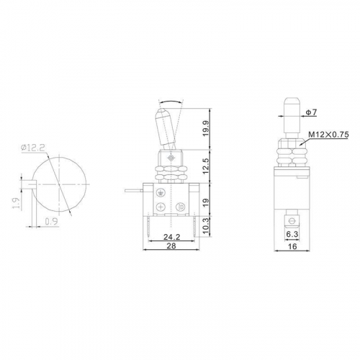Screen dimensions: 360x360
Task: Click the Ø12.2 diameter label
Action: pyautogui.click(x=33, y=148)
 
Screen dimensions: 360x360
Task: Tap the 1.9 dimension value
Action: pyautogui.click(x=16, y=203)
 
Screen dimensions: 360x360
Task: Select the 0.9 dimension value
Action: pyautogui.click(x=51, y=222)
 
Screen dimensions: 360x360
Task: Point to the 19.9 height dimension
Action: pyautogui.click(x=206, y=129)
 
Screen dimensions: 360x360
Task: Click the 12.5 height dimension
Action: pyautogui.click(x=206, y=166)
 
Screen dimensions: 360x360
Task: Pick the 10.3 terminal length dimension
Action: pyautogui.click(x=206, y=227)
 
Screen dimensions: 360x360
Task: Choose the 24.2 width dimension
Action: pyautogui.click(x=171, y=237)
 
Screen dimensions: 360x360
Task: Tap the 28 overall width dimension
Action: pyautogui.click(x=171, y=246)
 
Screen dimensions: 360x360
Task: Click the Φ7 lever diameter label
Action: pyautogui.click(x=311, y=112)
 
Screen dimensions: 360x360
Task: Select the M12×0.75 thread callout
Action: pyautogui.click(x=328, y=135)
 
